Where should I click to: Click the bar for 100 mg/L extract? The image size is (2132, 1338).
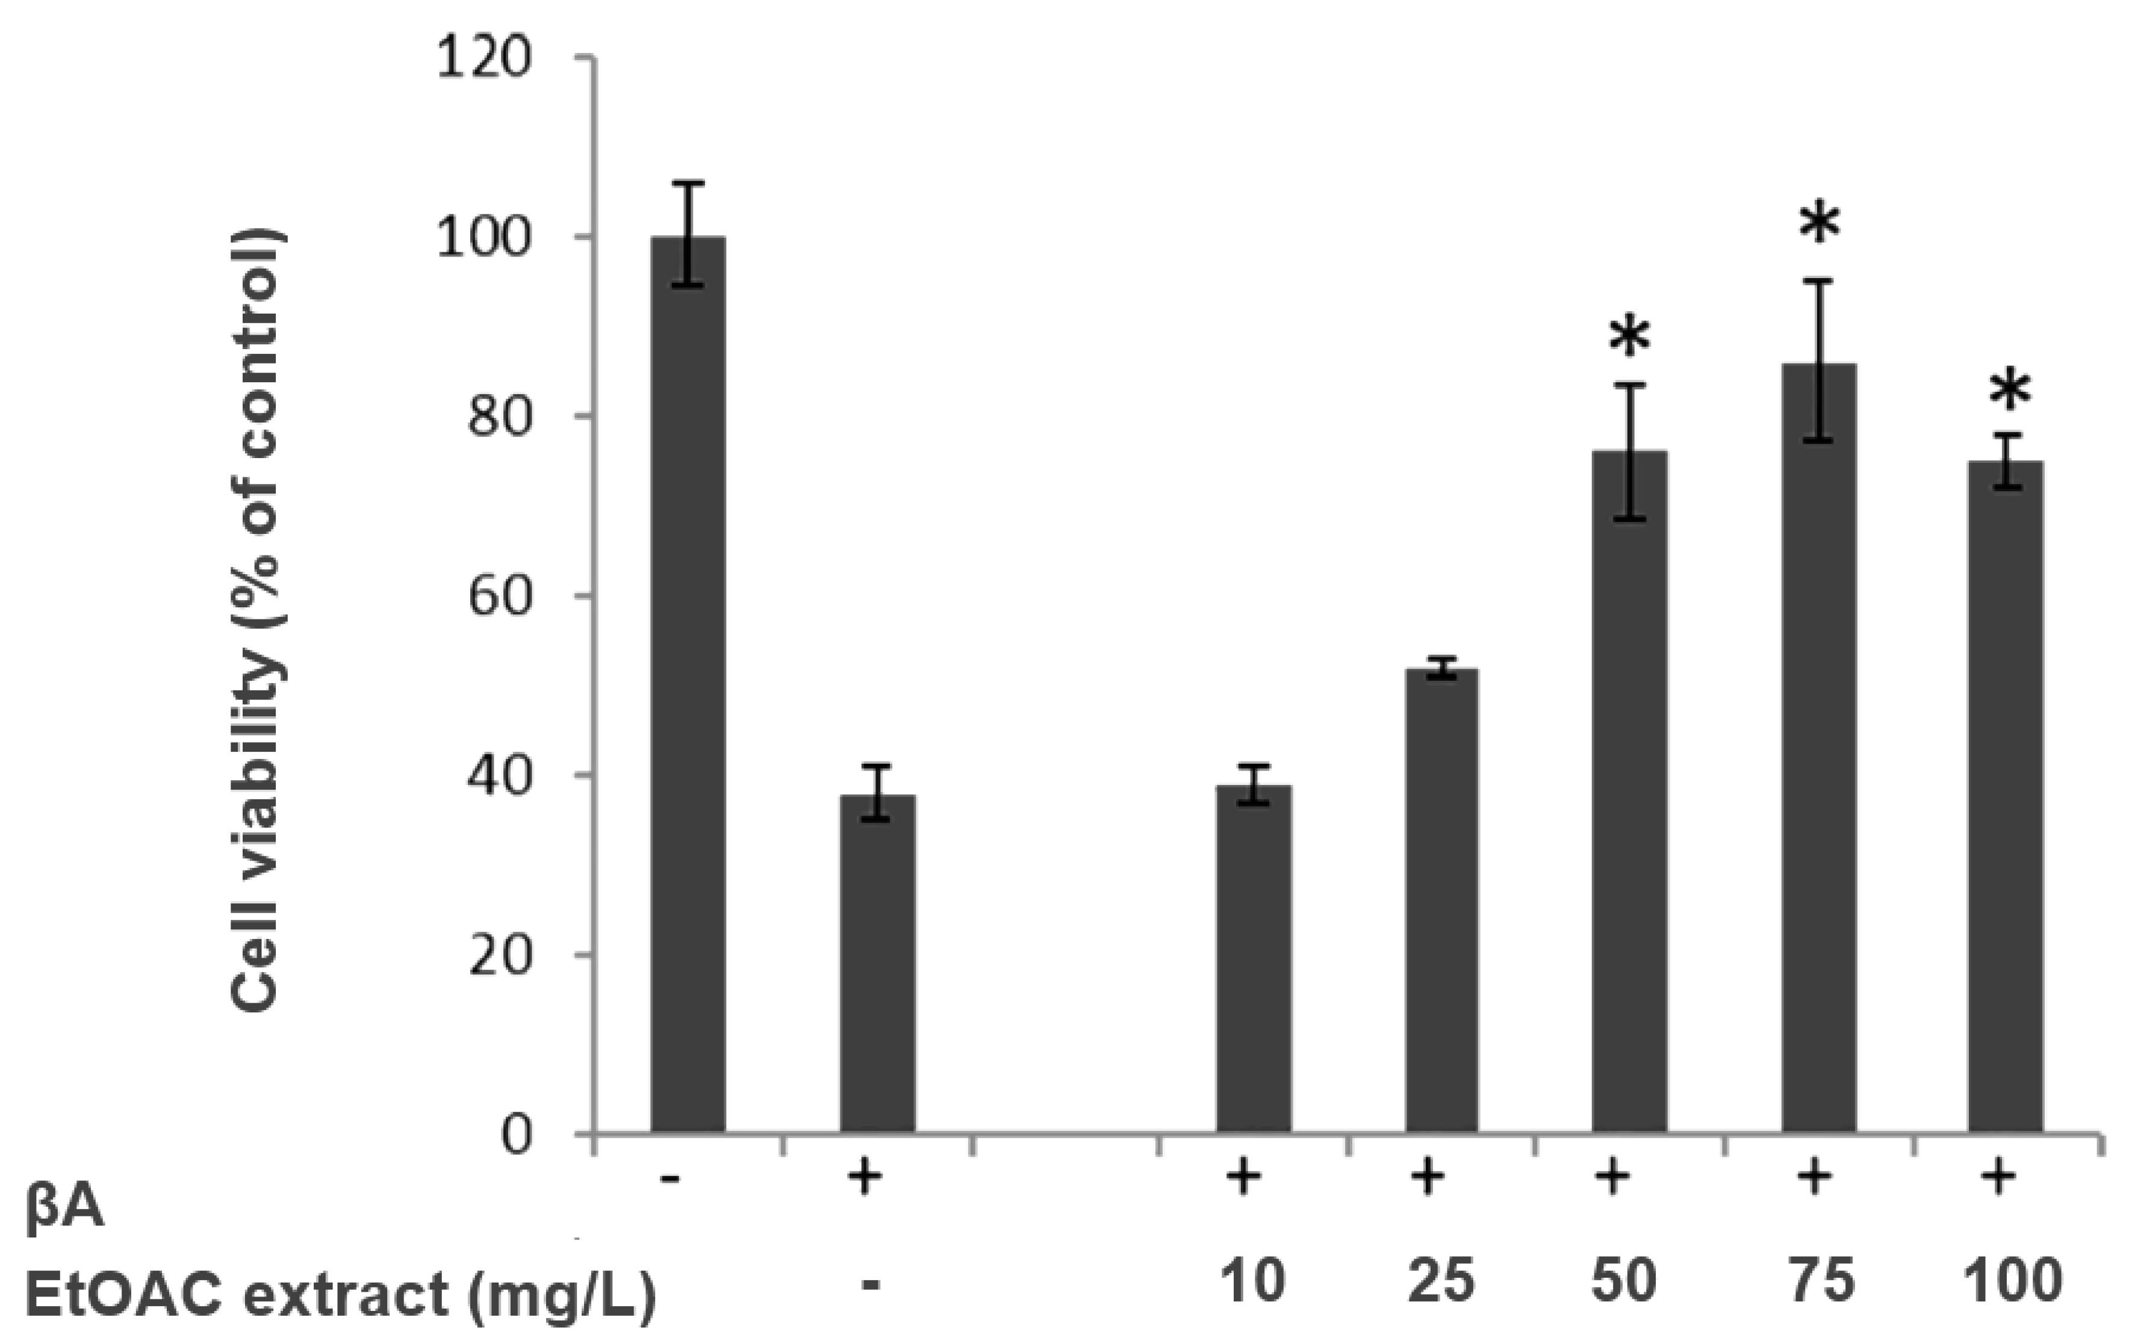[2006, 796]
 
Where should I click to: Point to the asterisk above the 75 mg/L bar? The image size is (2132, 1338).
[1820, 225]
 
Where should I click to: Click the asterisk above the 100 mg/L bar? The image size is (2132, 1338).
[2010, 393]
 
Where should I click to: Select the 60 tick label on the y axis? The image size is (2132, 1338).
[499, 595]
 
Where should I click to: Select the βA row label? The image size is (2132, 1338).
[64, 1208]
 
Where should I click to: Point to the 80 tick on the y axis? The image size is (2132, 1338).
[499, 416]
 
